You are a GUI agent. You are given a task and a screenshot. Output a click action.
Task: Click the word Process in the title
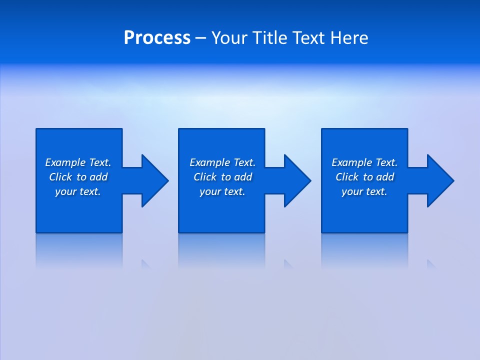[x=157, y=38]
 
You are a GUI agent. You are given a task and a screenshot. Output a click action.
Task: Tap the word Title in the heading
[x=269, y=38]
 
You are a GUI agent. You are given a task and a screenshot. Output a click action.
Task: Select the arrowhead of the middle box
[x=296, y=180]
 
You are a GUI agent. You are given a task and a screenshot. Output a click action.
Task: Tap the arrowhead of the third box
[x=439, y=180]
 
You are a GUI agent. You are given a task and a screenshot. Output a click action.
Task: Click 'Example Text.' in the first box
[x=78, y=162]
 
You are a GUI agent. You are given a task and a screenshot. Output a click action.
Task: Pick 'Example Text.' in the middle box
[x=222, y=162]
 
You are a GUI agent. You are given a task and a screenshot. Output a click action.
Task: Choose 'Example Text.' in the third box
[x=364, y=162]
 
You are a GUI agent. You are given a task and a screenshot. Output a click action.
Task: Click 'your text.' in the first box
[x=78, y=191]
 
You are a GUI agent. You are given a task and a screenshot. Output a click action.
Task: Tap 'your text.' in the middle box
[x=222, y=191]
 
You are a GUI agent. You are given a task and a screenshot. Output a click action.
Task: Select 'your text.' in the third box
[x=364, y=191]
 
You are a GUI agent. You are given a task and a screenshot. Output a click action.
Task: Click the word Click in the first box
[x=61, y=177]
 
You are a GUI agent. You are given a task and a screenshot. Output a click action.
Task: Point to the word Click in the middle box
[x=205, y=177]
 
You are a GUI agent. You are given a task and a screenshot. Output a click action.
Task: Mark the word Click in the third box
[x=347, y=177]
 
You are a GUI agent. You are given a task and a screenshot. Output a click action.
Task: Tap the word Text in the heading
[x=308, y=38]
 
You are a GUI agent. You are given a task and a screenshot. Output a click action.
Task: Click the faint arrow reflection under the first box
[x=145, y=264]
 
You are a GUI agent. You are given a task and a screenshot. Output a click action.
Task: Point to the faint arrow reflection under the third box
[x=431, y=264]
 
